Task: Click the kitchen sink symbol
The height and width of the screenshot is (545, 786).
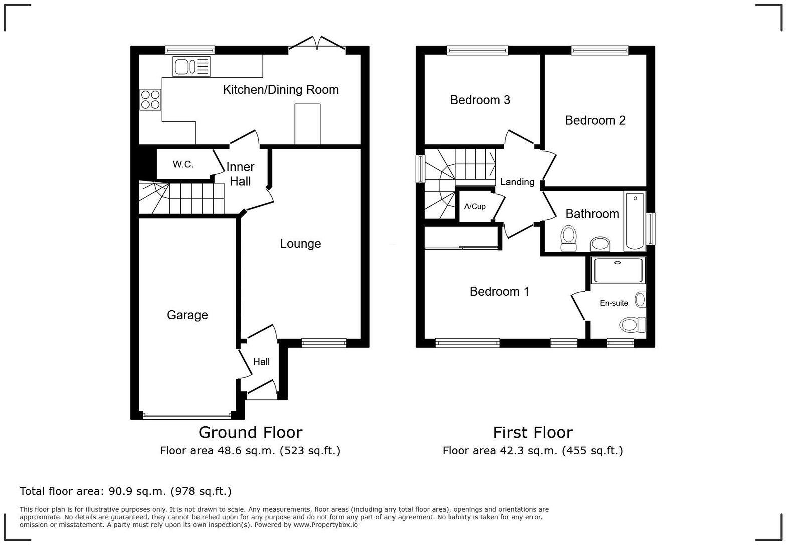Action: tap(191, 67)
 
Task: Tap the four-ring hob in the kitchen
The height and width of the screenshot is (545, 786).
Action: tap(150, 99)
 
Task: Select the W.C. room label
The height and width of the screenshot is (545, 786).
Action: tap(183, 164)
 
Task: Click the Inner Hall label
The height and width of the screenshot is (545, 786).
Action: tap(240, 174)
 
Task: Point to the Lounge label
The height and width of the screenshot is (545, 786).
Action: tap(300, 244)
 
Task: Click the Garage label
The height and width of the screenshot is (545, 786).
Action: tap(187, 315)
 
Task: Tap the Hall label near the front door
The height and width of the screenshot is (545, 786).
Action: tap(261, 362)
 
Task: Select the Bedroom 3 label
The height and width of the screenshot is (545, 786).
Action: tap(480, 100)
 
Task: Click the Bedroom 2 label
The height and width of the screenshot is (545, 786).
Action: tap(595, 120)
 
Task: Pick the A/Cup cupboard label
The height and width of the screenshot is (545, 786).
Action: tap(474, 206)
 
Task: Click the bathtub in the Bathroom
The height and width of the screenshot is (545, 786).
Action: tap(635, 221)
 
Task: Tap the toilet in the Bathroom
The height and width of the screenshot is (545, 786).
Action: tap(568, 238)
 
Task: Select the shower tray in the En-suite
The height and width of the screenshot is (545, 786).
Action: tap(617, 270)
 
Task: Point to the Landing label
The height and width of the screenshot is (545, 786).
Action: tap(517, 182)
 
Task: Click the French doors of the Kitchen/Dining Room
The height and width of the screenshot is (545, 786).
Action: tap(317, 44)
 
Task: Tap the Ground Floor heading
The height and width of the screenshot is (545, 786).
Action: tap(250, 432)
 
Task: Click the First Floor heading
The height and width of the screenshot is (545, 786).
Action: tap(532, 432)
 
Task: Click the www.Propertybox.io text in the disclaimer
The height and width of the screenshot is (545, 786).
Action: tap(325, 525)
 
